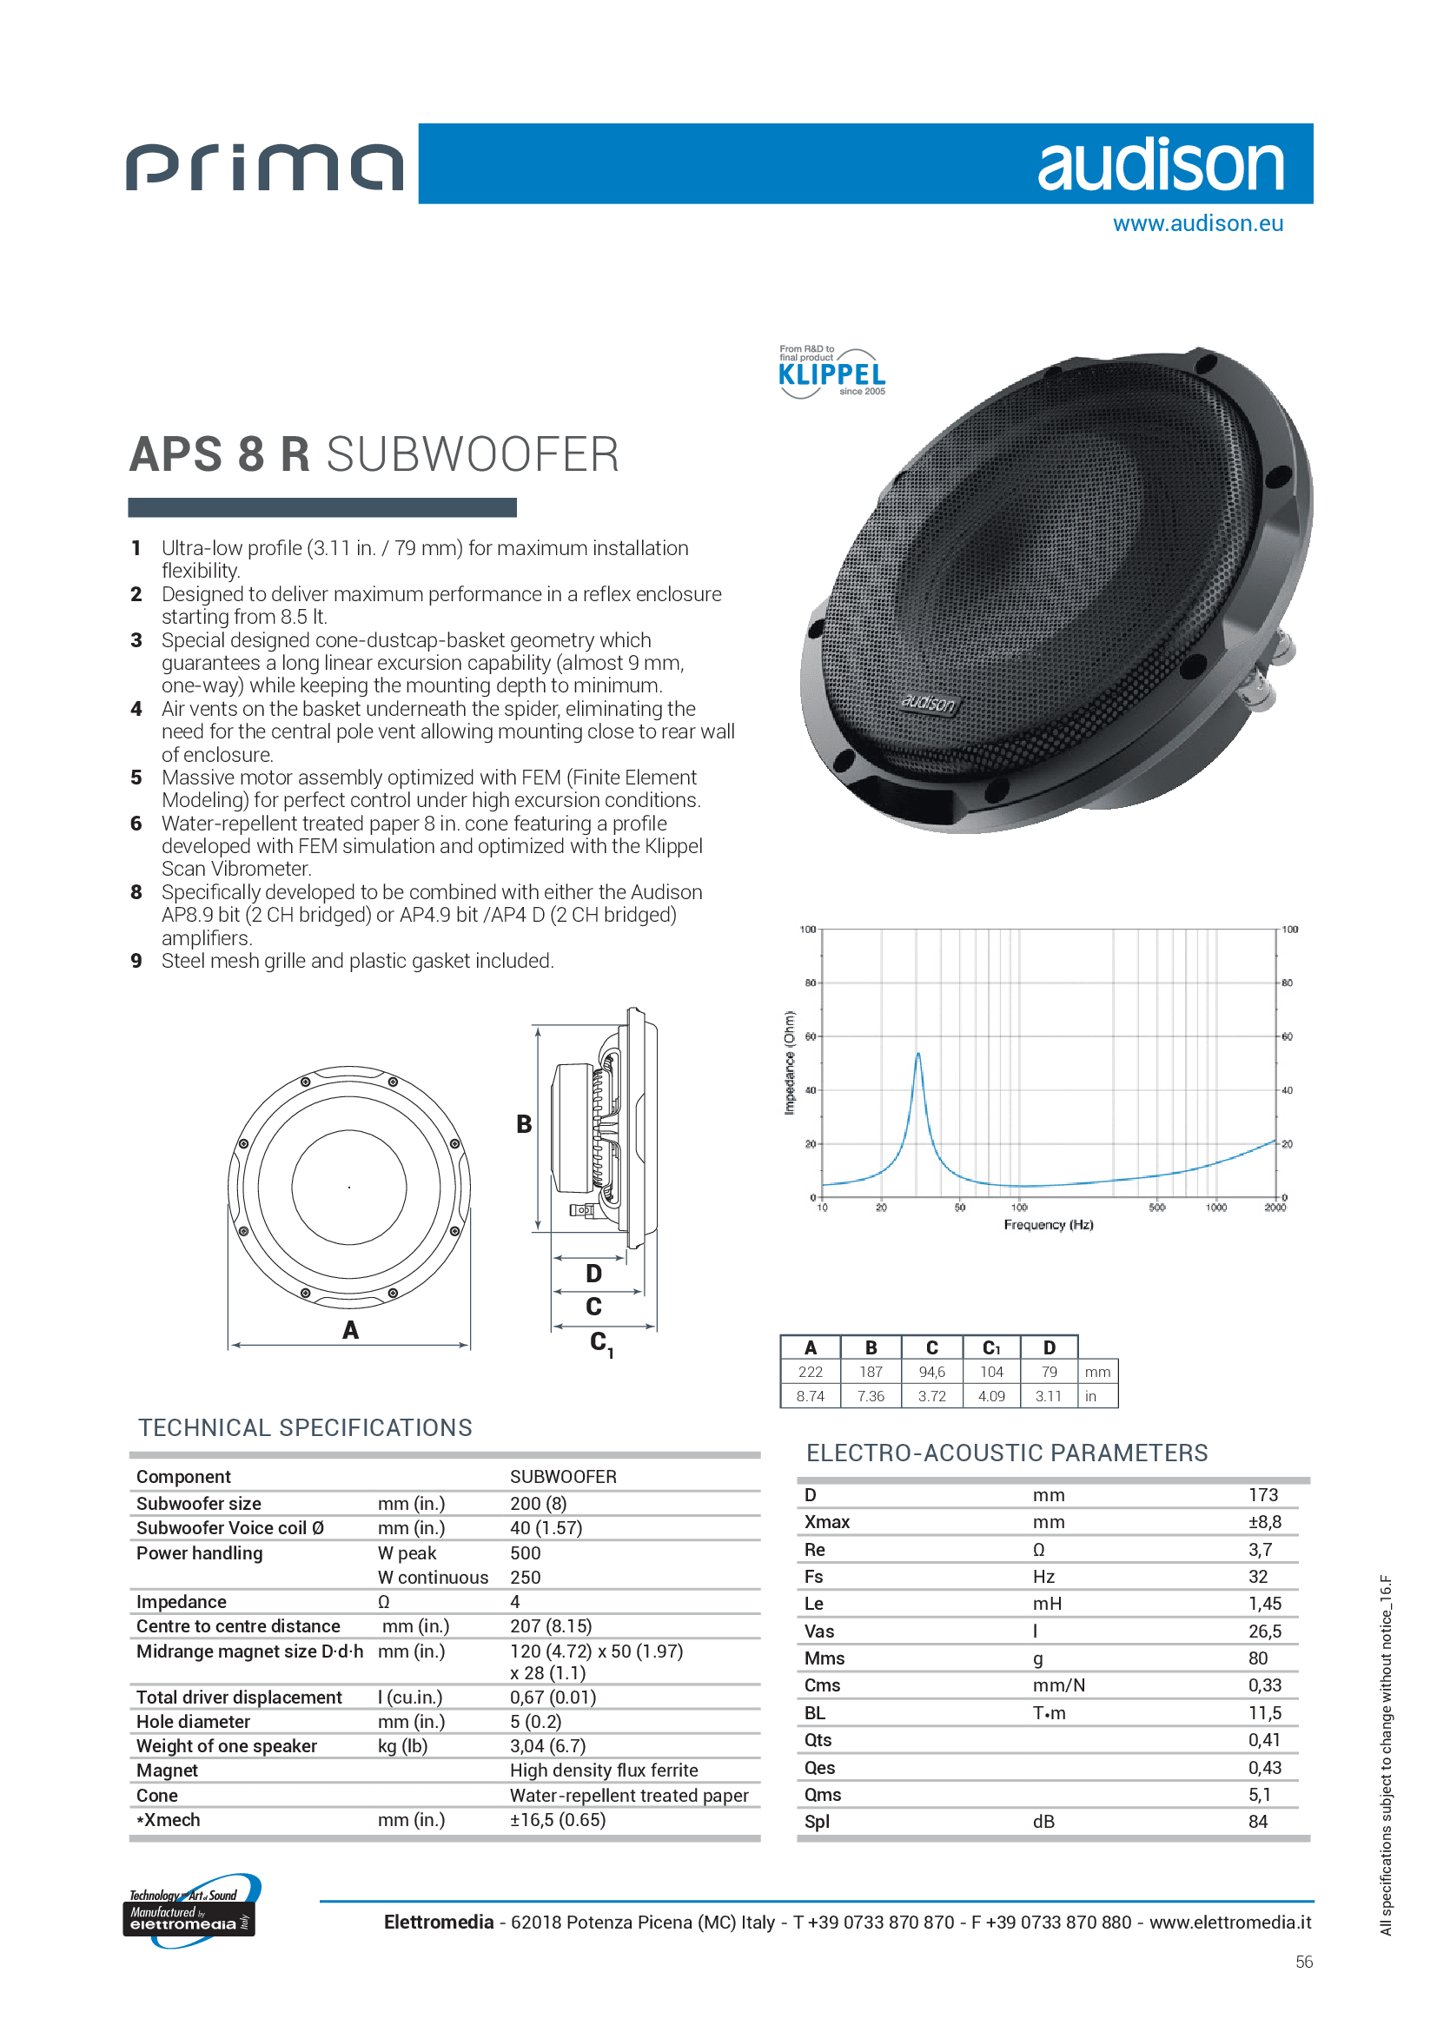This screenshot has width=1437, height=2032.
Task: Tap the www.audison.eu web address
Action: [1197, 224]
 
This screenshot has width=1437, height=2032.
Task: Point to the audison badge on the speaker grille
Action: [928, 703]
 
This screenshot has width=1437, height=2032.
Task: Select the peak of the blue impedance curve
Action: [917, 1054]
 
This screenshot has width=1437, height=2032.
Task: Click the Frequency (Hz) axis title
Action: [1048, 1225]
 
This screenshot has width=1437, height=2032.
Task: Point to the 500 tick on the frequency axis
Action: [1156, 1208]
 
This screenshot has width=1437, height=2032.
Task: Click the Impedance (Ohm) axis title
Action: [788, 1062]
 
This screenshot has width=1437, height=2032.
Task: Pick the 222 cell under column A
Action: [810, 1372]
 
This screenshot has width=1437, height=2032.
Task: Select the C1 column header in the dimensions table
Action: [991, 1348]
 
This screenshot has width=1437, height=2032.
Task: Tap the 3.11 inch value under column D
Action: [1048, 1396]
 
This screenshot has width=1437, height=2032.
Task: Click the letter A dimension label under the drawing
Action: [350, 1330]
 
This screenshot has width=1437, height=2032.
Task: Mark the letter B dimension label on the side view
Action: [524, 1124]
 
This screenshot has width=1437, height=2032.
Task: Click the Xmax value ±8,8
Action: [1264, 1522]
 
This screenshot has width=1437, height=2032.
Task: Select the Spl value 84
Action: [1257, 1822]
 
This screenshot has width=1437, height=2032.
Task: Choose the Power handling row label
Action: [199, 1553]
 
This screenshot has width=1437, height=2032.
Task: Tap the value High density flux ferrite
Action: [604, 1770]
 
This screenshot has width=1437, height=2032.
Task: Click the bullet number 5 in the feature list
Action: [136, 777]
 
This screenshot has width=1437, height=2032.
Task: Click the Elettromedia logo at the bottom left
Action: [190, 1911]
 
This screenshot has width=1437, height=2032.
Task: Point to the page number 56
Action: [1303, 1963]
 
